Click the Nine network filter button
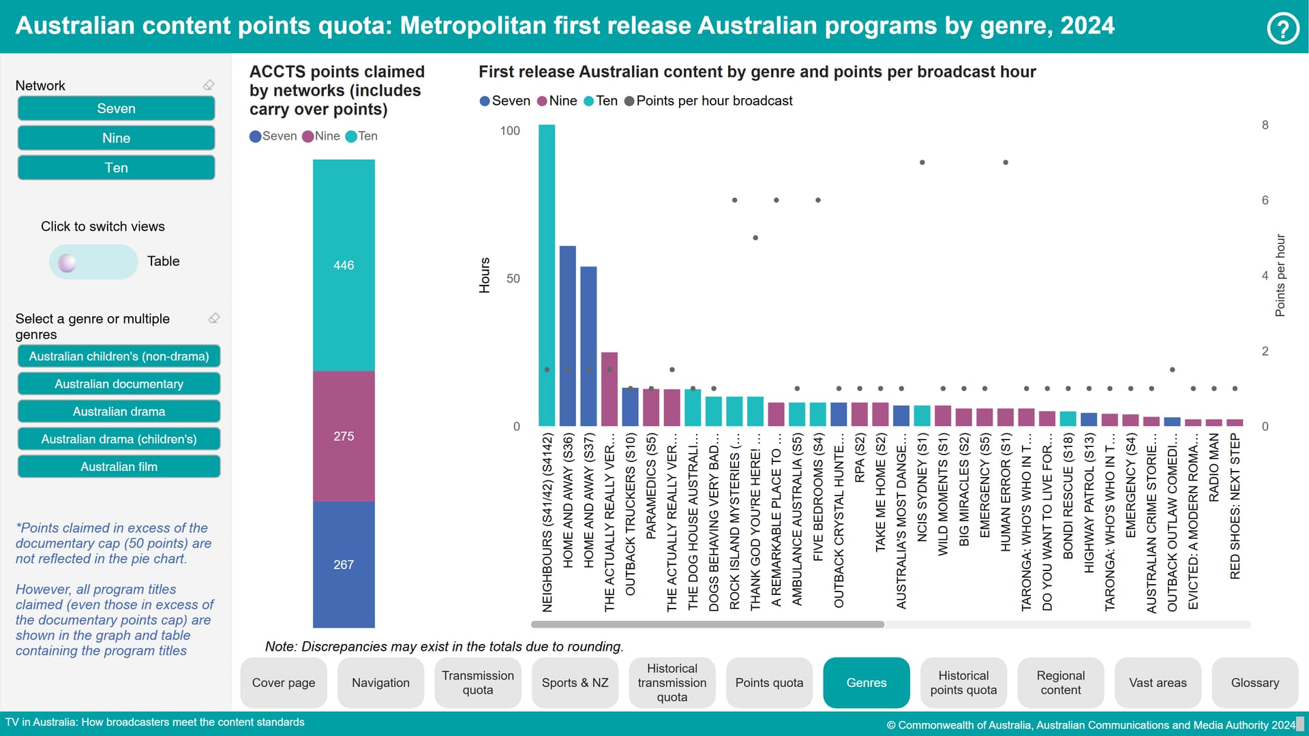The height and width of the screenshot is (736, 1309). pyautogui.click(x=116, y=138)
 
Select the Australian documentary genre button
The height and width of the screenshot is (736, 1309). pyautogui.click(x=119, y=384)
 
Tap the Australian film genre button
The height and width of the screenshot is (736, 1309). pyautogui.click(x=119, y=467)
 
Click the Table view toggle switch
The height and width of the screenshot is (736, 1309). pyautogui.click(x=93, y=262)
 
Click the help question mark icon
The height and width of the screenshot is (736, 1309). pyautogui.click(x=1282, y=29)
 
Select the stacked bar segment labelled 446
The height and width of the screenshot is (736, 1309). pyautogui.click(x=344, y=265)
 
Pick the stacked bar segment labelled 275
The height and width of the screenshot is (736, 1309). pyautogui.click(x=344, y=436)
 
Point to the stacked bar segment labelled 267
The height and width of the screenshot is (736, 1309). pyautogui.click(x=344, y=564)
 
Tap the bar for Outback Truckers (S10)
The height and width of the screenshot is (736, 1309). pyautogui.click(x=630, y=407)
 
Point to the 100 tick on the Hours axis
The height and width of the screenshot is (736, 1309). pyautogui.click(x=510, y=131)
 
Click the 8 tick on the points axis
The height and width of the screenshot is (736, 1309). pyautogui.click(x=1265, y=125)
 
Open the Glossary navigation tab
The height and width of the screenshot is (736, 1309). pyautogui.click(x=1254, y=683)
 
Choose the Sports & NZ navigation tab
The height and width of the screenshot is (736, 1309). pyautogui.click(x=575, y=683)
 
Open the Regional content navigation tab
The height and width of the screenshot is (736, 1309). pyautogui.click(x=1060, y=683)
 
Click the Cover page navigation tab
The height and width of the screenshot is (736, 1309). pyautogui.click(x=284, y=683)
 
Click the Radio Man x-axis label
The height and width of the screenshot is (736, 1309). pyautogui.click(x=1214, y=468)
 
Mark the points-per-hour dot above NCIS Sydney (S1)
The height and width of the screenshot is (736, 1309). pyautogui.click(x=922, y=162)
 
